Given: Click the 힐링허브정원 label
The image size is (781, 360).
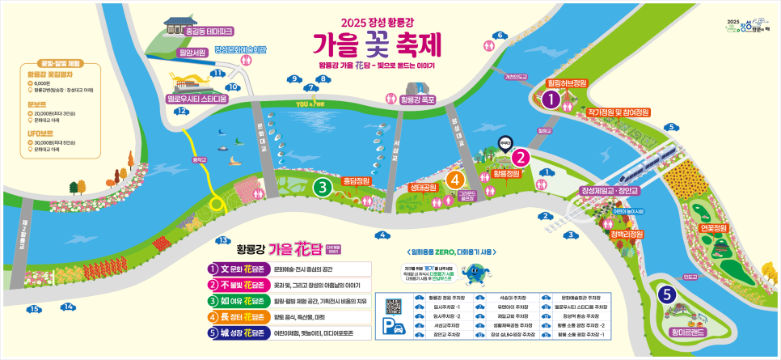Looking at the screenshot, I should click(x=567, y=83).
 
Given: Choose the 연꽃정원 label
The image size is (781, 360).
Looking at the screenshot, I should click(x=714, y=228).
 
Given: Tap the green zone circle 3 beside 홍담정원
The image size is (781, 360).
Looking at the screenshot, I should click(x=323, y=188).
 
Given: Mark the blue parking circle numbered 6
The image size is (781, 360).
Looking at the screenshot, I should click(x=500, y=35).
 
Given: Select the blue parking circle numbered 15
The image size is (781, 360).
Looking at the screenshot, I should click(x=34, y=309).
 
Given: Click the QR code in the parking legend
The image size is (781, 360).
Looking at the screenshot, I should click(x=394, y=307).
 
